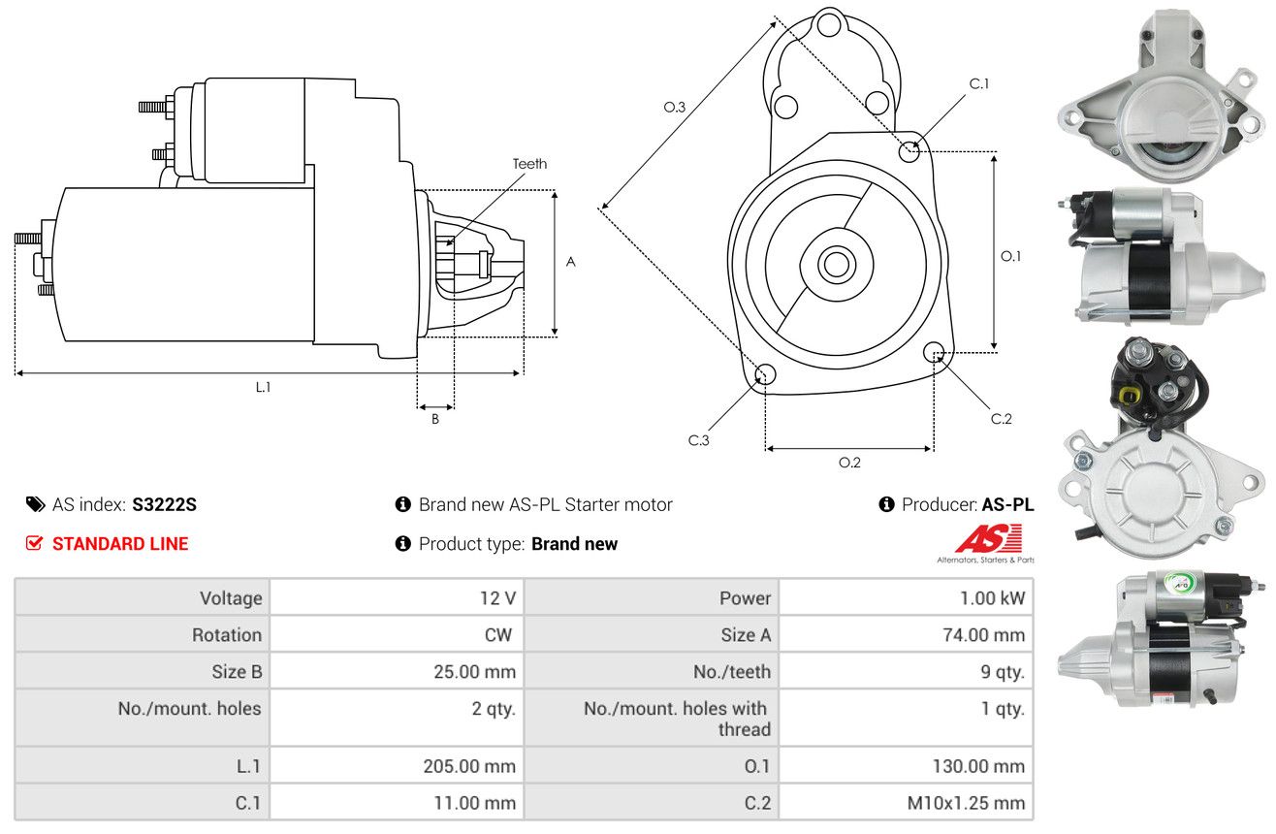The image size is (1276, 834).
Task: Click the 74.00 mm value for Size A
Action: [x=983, y=634]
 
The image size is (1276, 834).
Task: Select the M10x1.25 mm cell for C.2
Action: [x=966, y=803]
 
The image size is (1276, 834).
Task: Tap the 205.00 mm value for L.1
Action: [x=469, y=766]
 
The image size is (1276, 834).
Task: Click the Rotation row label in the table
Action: [x=227, y=634]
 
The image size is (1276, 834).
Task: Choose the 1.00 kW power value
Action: [x=992, y=597]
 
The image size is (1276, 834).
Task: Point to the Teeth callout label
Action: [x=529, y=164]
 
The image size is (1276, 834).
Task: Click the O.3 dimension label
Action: [x=675, y=107]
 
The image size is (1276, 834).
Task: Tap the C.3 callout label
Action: [x=698, y=440]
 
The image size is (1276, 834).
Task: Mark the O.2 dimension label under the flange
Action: [x=849, y=463]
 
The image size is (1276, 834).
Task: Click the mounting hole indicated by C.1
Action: [x=909, y=151]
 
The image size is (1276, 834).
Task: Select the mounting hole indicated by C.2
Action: [x=933, y=352]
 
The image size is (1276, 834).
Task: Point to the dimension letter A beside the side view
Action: [x=570, y=262]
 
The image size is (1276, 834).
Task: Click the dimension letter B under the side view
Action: [x=435, y=419]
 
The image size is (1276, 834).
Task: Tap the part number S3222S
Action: [x=164, y=504]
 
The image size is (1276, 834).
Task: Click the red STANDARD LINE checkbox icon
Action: [x=34, y=543]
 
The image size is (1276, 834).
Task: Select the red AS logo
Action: [x=988, y=538]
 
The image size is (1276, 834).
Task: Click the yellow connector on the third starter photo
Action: [x=1127, y=395]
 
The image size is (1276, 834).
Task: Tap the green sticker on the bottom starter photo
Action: [x=1177, y=582]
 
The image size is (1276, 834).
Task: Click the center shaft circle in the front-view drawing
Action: [x=836, y=265]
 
